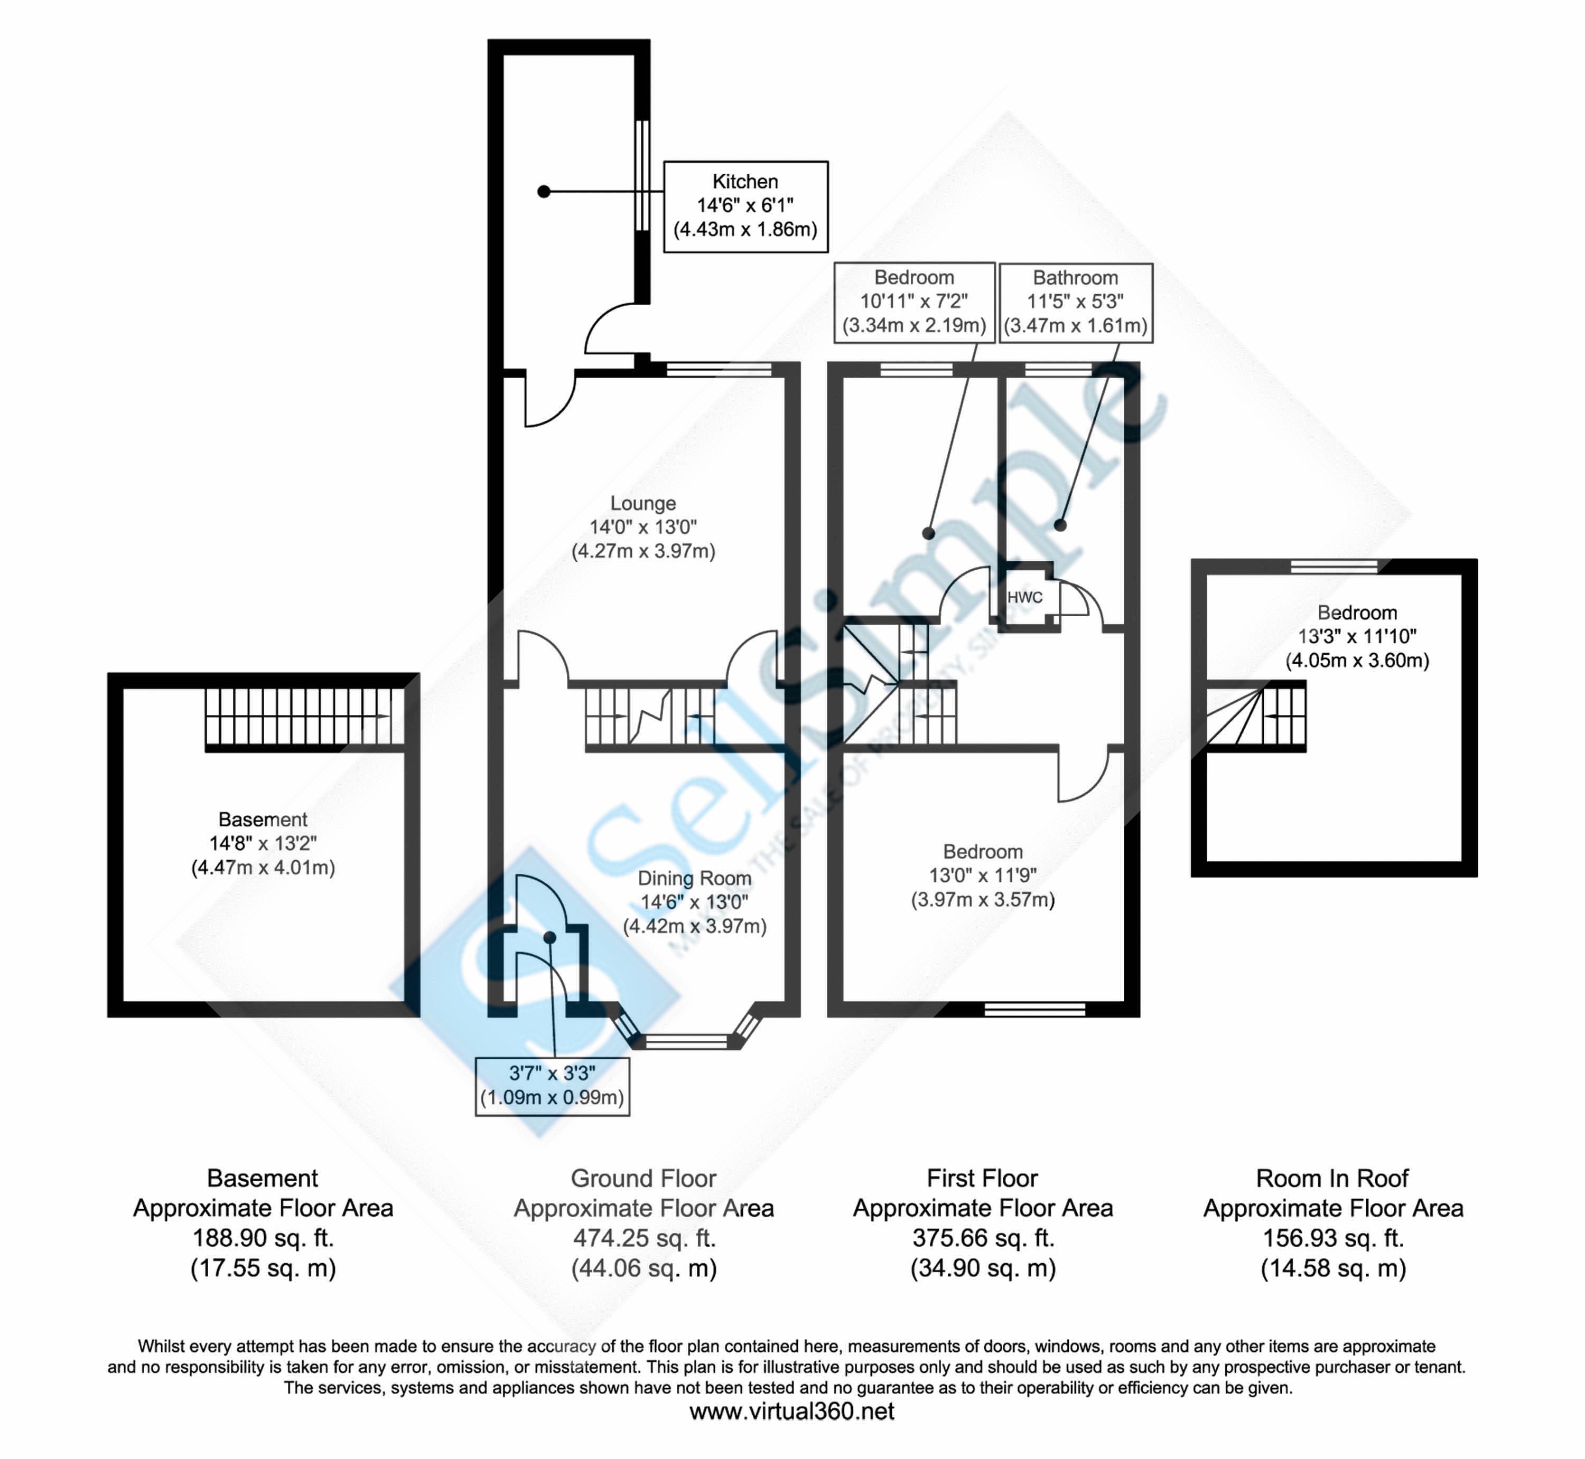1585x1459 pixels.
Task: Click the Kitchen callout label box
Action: (x=745, y=206)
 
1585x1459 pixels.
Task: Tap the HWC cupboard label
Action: (x=1024, y=598)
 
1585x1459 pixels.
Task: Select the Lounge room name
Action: (x=643, y=504)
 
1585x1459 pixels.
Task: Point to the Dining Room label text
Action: (x=694, y=878)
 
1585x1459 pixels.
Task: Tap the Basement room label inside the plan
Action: (x=263, y=820)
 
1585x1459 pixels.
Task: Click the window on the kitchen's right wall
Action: (x=642, y=175)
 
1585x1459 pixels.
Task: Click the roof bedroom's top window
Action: (x=1334, y=566)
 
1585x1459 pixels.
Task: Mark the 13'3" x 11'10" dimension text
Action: (x=1357, y=636)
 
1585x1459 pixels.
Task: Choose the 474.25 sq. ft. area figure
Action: (x=644, y=1238)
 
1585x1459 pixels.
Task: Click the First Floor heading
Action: (x=982, y=1179)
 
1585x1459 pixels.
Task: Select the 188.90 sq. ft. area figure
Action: (x=263, y=1238)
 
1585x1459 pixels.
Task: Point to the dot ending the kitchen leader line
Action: (x=543, y=191)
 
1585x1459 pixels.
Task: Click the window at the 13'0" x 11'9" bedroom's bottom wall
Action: (x=1034, y=1008)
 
